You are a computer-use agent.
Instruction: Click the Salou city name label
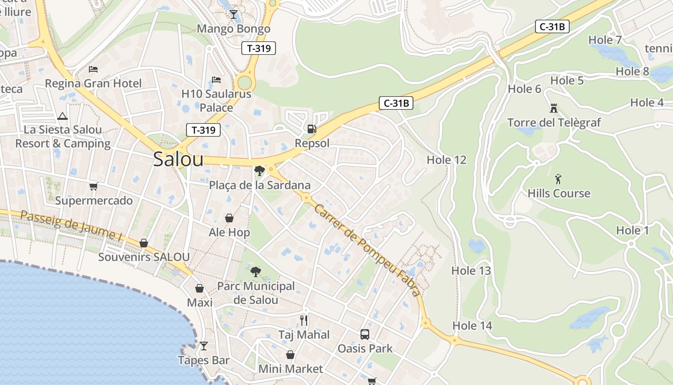178,160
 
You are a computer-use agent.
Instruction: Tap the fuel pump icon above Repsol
312,129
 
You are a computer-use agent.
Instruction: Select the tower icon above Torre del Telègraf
554,108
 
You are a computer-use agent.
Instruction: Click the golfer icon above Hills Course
558,180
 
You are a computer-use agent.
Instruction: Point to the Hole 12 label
447,160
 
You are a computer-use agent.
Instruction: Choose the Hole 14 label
472,326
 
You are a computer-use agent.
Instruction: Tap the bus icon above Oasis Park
365,334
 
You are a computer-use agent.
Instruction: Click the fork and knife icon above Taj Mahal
304,320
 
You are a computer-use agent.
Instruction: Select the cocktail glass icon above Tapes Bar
204,346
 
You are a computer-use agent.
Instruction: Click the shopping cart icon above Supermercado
93,186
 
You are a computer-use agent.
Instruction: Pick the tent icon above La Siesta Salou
62,116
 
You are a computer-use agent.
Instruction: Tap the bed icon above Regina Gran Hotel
93,69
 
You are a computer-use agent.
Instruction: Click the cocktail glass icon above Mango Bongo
234,14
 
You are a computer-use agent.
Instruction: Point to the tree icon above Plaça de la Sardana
260,170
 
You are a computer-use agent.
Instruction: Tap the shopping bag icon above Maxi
199,288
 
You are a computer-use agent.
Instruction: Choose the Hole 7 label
605,40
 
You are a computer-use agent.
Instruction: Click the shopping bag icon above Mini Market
290,355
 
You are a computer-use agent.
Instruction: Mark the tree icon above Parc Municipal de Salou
256,272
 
